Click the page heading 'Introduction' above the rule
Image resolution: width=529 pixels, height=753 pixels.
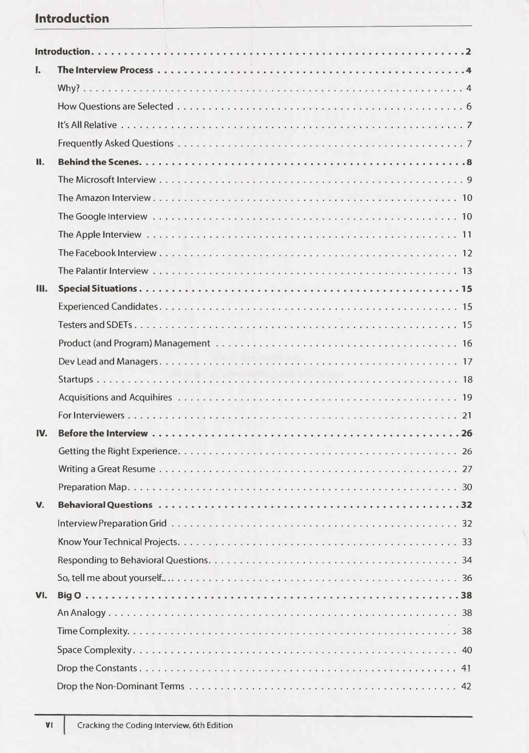tap(72, 19)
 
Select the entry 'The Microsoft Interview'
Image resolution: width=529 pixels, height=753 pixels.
tap(106, 179)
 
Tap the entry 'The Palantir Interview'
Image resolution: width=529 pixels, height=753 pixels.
tap(103, 271)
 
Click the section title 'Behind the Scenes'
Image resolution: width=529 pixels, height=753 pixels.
tap(99, 162)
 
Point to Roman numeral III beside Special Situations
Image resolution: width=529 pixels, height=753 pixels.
tap(42, 289)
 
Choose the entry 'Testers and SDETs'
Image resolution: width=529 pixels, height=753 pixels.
tap(95, 325)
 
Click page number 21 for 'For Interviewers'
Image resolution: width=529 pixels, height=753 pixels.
tap(467, 415)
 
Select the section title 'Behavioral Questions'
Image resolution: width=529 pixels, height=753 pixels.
tap(105, 505)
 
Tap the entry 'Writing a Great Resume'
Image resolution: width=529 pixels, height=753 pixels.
tap(106, 469)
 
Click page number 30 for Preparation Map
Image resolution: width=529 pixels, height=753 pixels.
tap(467, 487)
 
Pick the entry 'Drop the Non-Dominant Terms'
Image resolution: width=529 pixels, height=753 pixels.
tap(120, 686)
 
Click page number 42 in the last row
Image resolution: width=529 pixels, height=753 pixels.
tap(466, 686)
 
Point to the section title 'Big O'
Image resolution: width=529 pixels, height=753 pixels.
tap(69, 595)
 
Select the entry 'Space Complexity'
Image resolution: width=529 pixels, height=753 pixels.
tap(95, 650)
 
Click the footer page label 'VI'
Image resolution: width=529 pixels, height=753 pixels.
tap(49, 725)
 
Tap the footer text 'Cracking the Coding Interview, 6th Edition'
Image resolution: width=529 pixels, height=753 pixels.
tap(155, 725)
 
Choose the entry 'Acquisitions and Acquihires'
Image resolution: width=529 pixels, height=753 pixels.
tap(115, 397)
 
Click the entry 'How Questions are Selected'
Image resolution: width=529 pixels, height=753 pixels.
tap(115, 106)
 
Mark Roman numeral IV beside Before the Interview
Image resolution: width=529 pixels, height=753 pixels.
tap(42, 433)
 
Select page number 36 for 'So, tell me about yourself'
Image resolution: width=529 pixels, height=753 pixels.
tap(467, 578)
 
